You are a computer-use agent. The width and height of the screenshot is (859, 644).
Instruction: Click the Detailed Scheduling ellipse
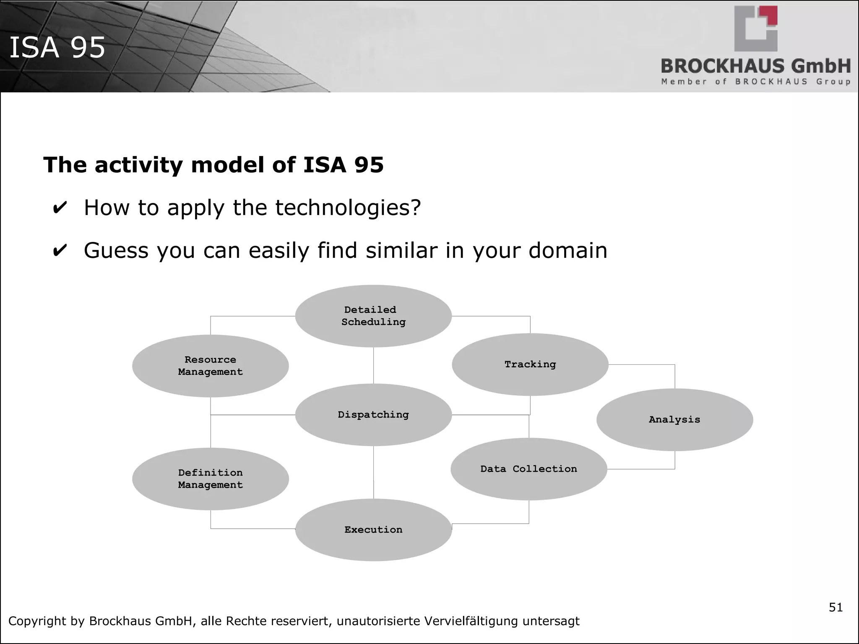[373, 316]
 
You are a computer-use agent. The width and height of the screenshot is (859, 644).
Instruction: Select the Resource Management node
[210, 366]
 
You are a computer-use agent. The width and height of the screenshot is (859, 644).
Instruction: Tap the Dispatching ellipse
[373, 415]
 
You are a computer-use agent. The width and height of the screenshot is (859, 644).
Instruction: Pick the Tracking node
[530, 364]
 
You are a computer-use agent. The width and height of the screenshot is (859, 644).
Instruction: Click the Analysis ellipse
[674, 420]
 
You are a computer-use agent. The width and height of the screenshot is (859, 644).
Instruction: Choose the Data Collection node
[528, 469]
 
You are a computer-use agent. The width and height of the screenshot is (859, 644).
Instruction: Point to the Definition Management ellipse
[210, 479]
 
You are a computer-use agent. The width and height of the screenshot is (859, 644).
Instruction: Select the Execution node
[373, 530]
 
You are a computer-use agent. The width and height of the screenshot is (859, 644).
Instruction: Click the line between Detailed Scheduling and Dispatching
[373, 365]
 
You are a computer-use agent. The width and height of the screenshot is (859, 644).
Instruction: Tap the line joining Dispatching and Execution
[373, 472]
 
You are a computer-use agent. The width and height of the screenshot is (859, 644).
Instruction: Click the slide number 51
[836, 608]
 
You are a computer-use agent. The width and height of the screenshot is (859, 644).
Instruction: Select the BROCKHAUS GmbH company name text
[755, 66]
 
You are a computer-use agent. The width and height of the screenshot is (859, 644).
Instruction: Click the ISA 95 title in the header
[57, 47]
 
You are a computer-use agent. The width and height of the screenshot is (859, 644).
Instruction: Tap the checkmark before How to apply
[60, 208]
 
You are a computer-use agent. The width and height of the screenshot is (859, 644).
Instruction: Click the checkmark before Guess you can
[60, 251]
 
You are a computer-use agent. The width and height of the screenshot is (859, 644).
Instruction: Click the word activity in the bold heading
[139, 165]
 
